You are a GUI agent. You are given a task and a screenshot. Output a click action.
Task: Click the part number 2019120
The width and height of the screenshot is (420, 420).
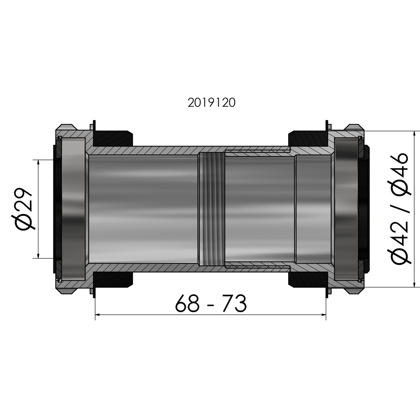click(x=211, y=102)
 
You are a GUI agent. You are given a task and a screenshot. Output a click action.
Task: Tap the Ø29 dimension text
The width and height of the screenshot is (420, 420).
click(x=22, y=209)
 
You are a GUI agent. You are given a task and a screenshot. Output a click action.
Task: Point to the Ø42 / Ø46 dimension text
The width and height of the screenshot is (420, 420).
click(x=399, y=208)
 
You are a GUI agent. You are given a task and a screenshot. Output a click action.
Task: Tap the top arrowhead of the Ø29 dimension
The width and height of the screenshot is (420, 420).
click(x=38, y=162)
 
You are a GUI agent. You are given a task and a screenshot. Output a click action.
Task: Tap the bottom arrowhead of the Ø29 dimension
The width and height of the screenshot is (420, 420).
click(x=38, y=256)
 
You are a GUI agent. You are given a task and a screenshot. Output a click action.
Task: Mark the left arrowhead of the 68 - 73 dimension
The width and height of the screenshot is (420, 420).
click(x=98, y=315)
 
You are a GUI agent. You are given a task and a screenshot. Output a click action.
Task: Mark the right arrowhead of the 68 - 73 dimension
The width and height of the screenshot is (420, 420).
click(x=324, y=315)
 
